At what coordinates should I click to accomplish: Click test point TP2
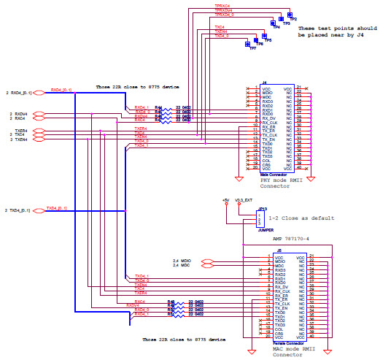[x=290, y=15]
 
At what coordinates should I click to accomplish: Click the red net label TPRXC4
[x=223, y=5]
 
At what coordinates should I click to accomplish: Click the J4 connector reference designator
[x=264, y=83]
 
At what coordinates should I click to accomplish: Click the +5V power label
[x=226, y=199]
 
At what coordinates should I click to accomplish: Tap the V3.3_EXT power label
[x=244, y=199]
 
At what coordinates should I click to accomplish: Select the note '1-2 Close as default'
[x=301, y=218]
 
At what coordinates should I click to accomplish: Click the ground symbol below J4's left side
[x=239, y=177]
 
